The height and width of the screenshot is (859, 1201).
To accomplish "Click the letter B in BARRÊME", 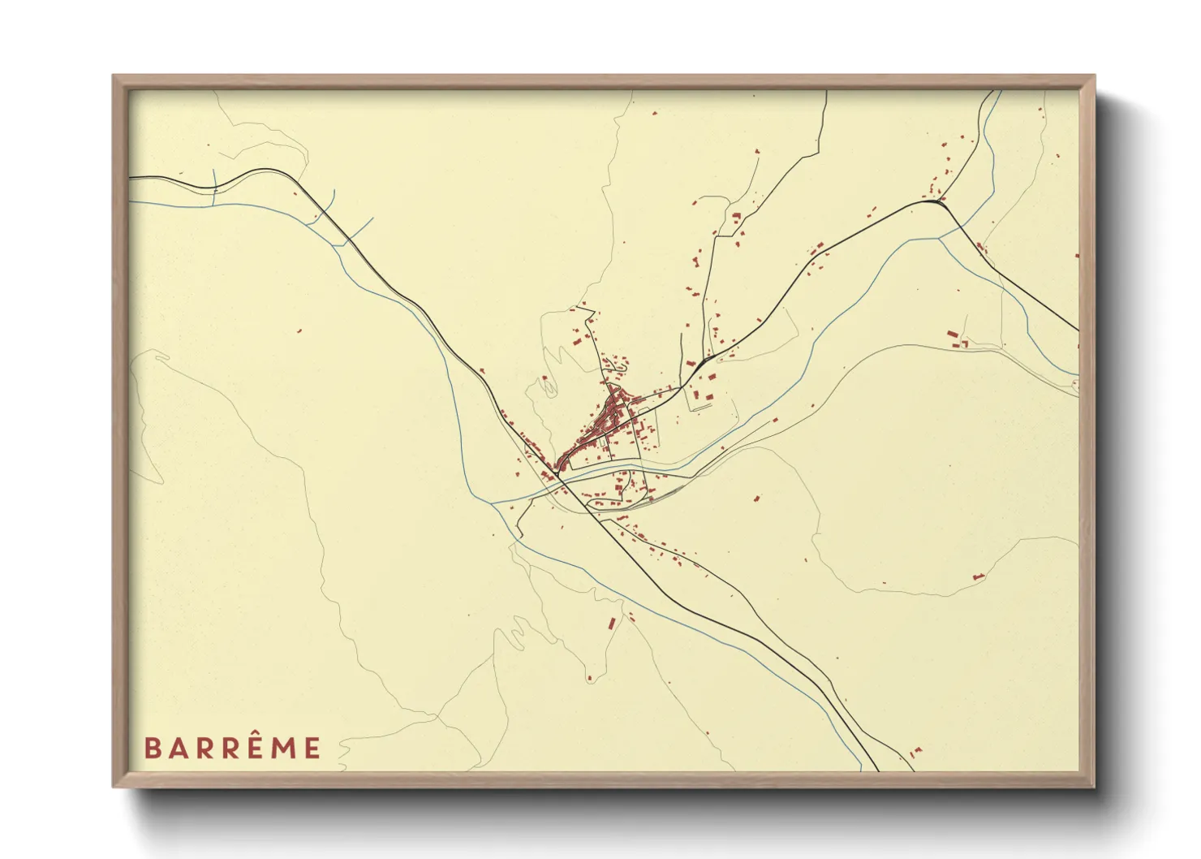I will (x=152, y=748).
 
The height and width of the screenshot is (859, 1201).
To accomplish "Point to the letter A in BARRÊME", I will (x=178, y=748).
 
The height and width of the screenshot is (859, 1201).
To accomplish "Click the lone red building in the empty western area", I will (x=299, y=330).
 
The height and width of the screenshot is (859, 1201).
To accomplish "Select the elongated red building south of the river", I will (x=612, y=624).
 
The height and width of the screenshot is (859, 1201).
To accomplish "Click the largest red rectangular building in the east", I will (x=953, y=334).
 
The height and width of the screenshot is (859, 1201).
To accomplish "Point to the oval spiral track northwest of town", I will (x=549, y=389).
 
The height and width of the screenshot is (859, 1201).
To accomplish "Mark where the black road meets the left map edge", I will (x=131, y=177).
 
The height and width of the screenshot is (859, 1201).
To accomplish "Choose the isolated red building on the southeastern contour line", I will (x=978, y=576).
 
